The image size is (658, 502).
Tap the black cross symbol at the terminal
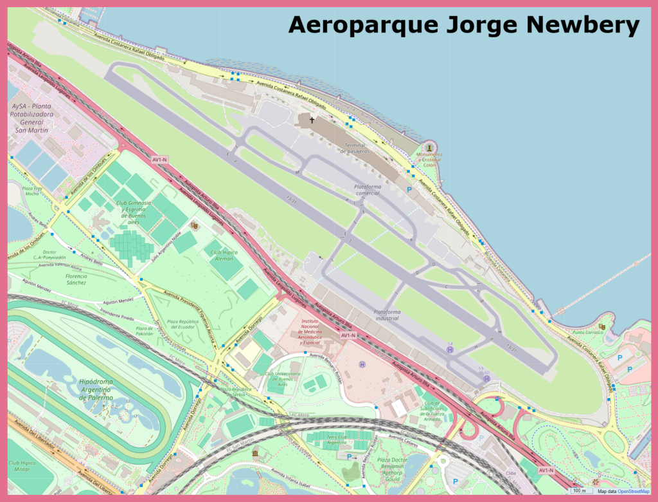pyautogui.click(x=312, y=120)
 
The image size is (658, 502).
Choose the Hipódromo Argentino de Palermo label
pyautogui.click(x=96, y=389)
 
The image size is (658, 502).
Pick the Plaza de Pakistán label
pyautogui.click(x=145, y=331)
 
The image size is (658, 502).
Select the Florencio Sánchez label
pyautogui.click(x=67, y=279)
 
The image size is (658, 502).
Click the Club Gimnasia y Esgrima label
pyautogui.click(x=134, y=212)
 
